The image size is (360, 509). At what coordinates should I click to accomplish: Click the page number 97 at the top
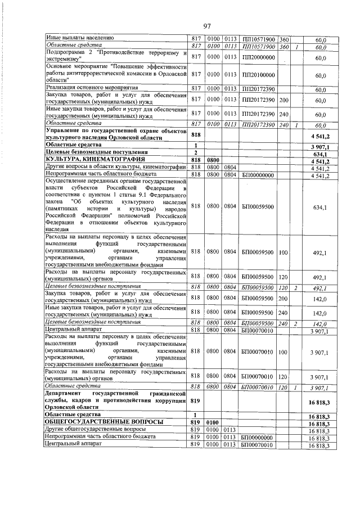tap(206, 26)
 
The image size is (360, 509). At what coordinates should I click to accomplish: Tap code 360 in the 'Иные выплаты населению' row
tap(283, 38)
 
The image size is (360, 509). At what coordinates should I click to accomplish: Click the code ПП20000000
tap(258, 57)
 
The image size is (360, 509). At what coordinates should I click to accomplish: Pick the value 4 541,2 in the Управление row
tap(318, 136)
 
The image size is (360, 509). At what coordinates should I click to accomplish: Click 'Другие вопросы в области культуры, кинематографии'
tap(115, 168)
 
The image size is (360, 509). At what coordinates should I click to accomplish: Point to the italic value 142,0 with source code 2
tap(319, 323)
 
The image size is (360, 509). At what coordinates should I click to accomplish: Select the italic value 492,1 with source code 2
tap(319, 288)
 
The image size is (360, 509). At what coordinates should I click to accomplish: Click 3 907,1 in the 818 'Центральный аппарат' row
tap(318, 331)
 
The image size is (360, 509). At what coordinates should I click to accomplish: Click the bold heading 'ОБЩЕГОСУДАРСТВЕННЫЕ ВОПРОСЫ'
tap(104, 422)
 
